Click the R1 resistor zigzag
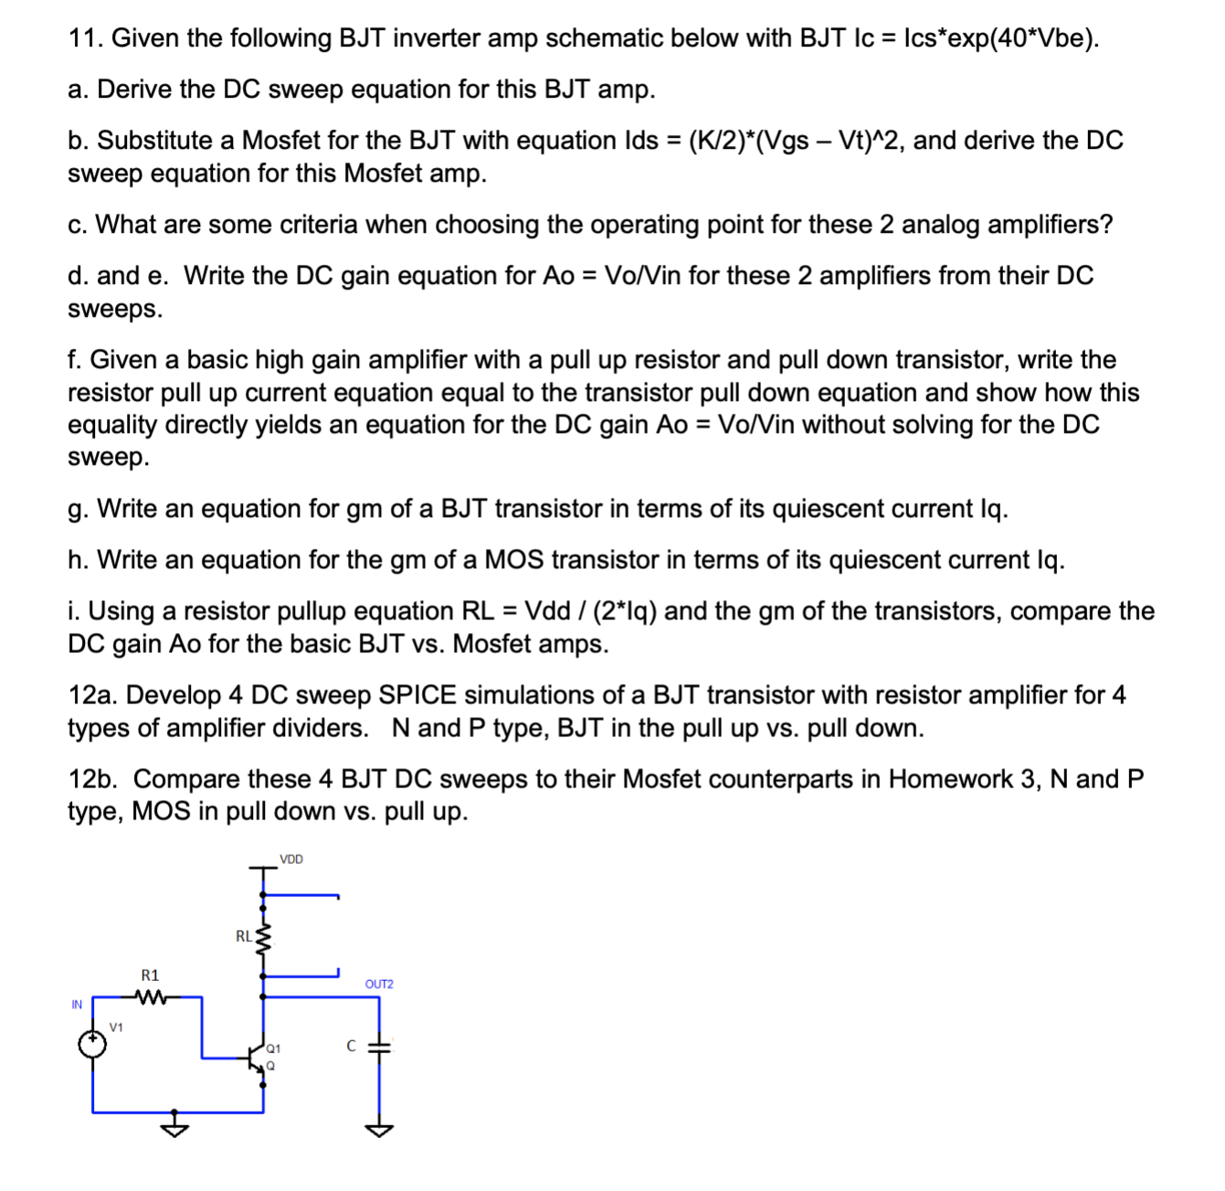150,996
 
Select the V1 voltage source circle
92,1043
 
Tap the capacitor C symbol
379,1048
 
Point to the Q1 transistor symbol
258,1058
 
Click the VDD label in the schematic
291,859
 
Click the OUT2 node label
379,984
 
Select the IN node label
77,1005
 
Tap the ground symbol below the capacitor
379,1130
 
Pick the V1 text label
116,1028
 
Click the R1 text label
150,975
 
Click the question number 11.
84,38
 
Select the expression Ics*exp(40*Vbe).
999,38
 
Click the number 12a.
92,695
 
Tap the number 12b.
92,779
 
